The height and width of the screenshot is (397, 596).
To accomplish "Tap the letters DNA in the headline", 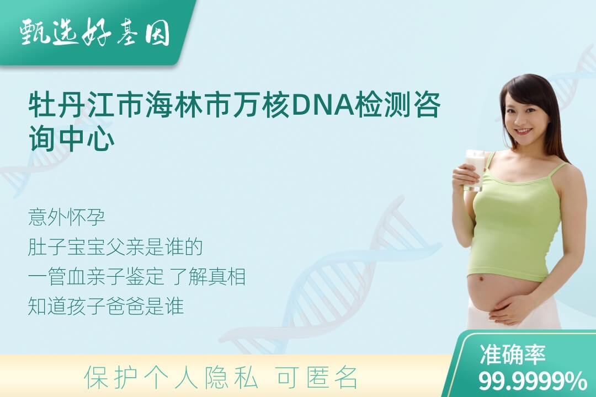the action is tap(323, 104).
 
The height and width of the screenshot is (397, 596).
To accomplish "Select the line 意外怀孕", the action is tap(66, 218).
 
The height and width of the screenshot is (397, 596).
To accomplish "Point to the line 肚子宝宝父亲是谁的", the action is tap(115, 248).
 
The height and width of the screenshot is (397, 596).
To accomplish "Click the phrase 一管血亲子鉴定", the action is tap(96, 277).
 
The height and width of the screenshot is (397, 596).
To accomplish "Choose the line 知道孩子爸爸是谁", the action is tap(105, 306).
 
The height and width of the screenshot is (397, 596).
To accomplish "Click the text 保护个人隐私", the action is tap(171, 377).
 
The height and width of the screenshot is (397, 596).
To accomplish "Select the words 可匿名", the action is tap(317, 377).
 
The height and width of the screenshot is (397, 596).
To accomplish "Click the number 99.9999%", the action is tap(532, 380).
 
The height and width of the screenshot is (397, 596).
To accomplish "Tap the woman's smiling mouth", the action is tap(523, 131).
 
